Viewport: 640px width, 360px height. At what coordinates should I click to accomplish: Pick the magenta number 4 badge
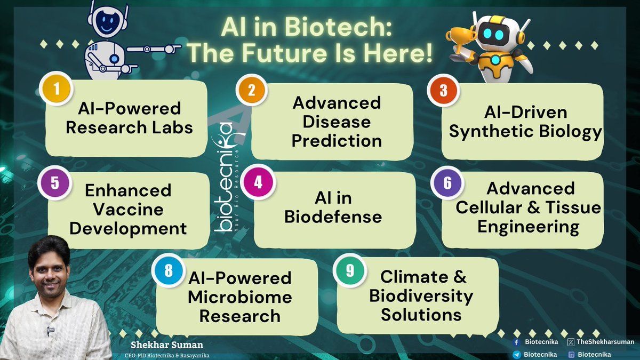click(x=258, y=182)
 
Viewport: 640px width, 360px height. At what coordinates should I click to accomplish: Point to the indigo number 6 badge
click(x=447, y=182)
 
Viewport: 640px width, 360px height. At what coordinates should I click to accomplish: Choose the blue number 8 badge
click(x=169, y=271)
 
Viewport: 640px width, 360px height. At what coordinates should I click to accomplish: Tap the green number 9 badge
click(x=350, y=270)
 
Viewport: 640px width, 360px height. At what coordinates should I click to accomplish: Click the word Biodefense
click(x=333, y=217)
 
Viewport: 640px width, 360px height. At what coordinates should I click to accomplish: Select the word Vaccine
click(x=128, y=210)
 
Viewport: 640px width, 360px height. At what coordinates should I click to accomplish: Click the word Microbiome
click(x=240, y=297)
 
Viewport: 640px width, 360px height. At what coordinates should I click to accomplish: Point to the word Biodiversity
click(x=421, y=295)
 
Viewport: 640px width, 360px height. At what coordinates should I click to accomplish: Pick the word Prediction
click(x=337, y=141)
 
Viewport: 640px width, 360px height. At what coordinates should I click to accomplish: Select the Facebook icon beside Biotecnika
click(x=516, y=342)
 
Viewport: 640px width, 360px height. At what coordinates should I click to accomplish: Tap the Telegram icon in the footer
click(x=516, y=354)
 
